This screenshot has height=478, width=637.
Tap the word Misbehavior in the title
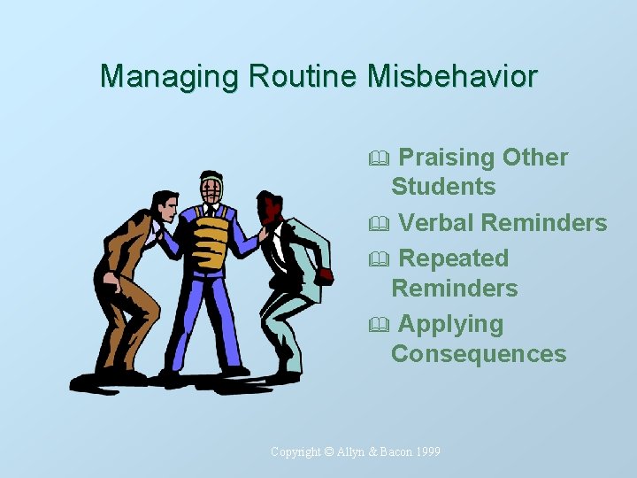[452, 76]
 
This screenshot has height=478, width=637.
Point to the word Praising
[447, 158]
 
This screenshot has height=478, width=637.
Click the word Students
[443, 187]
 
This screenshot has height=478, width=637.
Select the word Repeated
[454, 258]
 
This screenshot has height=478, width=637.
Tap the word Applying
[451, 324]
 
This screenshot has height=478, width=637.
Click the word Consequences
[479, 354]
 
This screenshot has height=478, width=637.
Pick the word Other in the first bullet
[535, 158]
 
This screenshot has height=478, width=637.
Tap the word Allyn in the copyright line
[353, 452]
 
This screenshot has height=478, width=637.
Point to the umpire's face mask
[211, 189]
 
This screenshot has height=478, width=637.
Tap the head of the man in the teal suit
[267, 210]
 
